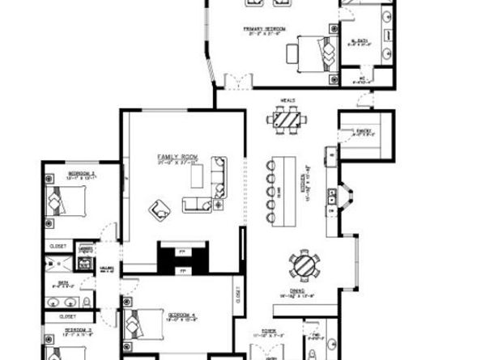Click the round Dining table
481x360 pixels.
pos(303,266)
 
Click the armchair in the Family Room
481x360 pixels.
pos(160,211)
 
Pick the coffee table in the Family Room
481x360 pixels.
pos(195,203)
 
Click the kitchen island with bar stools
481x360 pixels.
pos(284,183)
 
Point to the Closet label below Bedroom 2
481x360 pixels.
pos(57,245)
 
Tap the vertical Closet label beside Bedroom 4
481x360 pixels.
pos(238,297)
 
